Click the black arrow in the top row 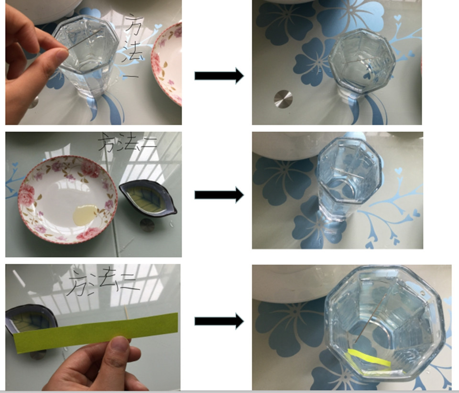[x=219, y=76]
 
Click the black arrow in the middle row [x=219, y=195]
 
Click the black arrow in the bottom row [x=219, y=321]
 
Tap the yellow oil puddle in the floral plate [x=85, y=216]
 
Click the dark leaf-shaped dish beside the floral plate [x=148, y=198]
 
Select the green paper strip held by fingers [x=96, y=332]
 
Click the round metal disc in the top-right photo [x=283, y=99]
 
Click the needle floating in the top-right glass [x=361, y=61]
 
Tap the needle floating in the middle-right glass [x=347, y=173]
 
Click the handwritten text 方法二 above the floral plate [x=127, y=142]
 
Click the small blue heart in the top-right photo [x=397, y=18]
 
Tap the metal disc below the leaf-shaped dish [x=147, y=225]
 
